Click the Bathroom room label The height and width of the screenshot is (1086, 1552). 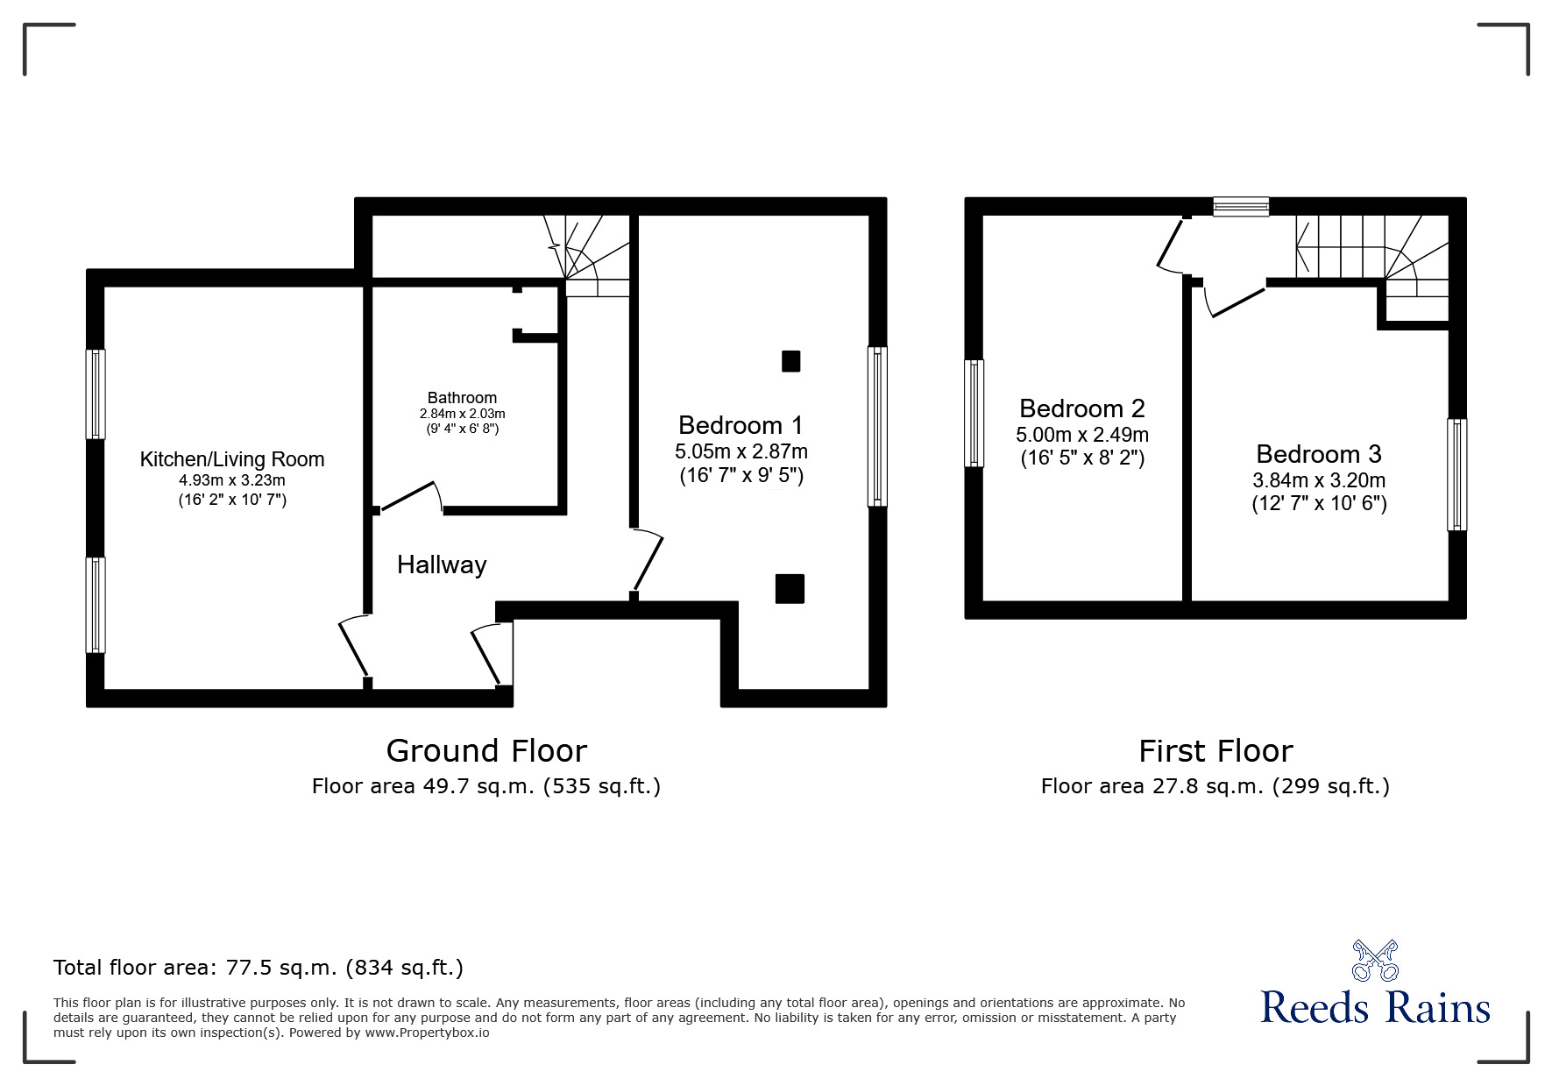click(462, 398)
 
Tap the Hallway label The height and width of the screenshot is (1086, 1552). click(442, 564)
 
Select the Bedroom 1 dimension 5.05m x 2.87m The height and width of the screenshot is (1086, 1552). click(741, 451)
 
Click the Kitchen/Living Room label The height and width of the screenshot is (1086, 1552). click(232, 459)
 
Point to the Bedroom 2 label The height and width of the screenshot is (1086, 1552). click(1082, 408)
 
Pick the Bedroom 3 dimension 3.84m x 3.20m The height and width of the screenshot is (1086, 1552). click(1319, 480)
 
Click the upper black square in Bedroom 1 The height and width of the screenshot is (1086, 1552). click(790, 361)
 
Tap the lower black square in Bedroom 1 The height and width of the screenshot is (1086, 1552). click(790, 589)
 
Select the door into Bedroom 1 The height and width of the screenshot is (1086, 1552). click(648, 559)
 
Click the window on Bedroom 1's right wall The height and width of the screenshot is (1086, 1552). click(877, 427)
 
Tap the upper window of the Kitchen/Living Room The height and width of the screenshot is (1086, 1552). click(96, 394)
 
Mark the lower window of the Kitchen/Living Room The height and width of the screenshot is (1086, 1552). click(96, 605)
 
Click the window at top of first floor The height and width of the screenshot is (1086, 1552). click(1241, 207)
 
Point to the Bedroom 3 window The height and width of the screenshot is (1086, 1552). click(1456, 474)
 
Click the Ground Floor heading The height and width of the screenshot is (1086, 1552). click(486, 751)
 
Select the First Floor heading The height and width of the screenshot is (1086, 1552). click(1215, 751)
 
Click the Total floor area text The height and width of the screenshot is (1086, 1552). click(259, 968)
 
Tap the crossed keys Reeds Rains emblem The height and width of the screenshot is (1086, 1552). click(1375, 961)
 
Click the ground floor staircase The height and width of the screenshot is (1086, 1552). click(587, 254)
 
